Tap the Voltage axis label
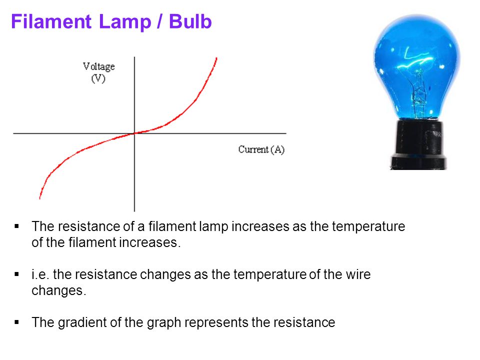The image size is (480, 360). [x=98, y=66]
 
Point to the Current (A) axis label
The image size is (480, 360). [x=261, y=149]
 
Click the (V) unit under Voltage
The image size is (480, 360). [x=98, y=79]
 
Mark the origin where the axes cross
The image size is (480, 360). [x=134, y=133]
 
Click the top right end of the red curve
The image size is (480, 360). [x=216, y=58]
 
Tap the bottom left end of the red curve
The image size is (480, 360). [x=40, y=197]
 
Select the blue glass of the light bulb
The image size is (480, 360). [x=416, y=65]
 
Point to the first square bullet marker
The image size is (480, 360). [x=17, y=226]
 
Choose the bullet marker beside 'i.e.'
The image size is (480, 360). [x=17, y=274]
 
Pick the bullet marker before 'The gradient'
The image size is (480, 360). [x=17, y=322]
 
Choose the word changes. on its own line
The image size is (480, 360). [x=59, y=291]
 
